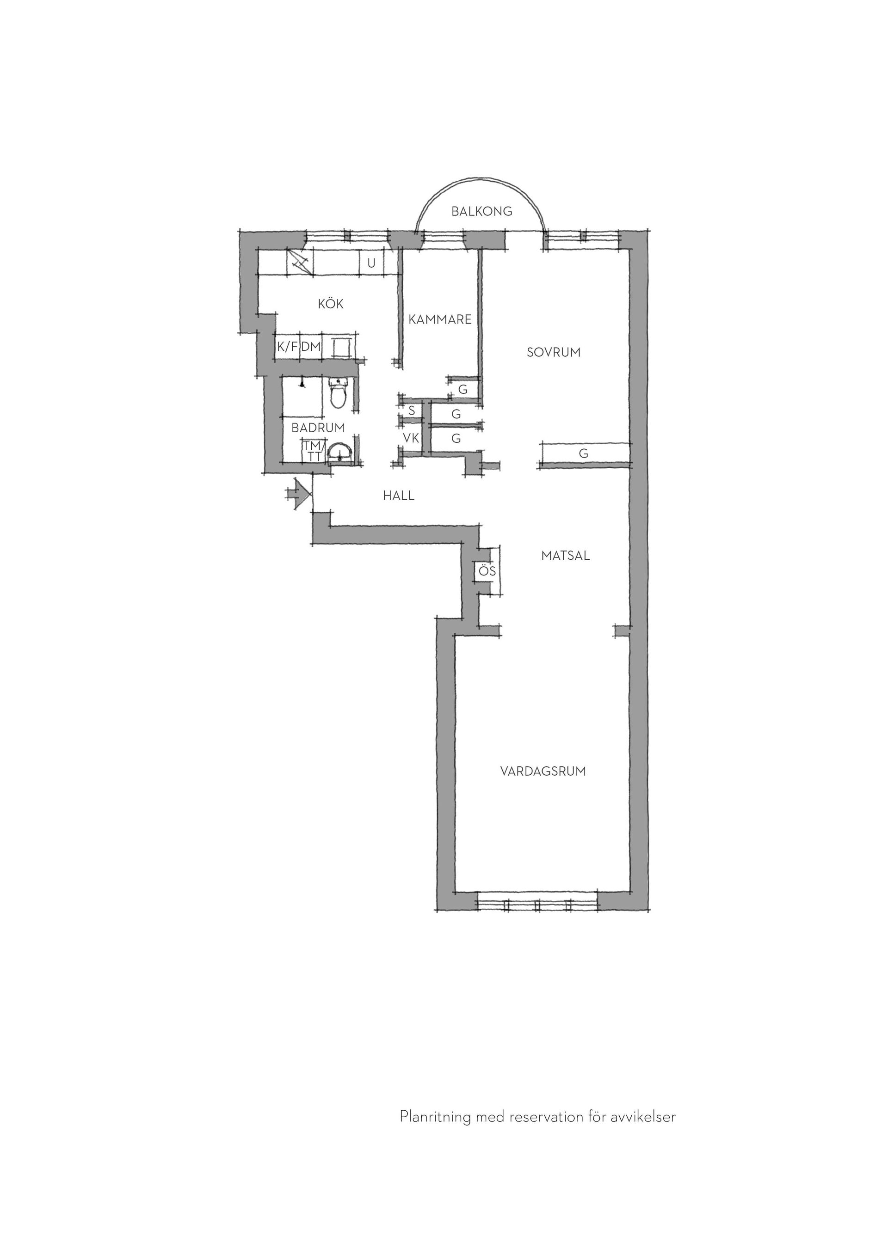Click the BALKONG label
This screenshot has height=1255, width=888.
coord(482,212)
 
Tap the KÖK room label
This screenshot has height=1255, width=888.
coord(331,303)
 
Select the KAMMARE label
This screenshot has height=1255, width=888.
coord(440,319)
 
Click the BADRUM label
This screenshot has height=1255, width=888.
coord(318,428)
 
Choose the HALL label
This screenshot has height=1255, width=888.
coord(399,496)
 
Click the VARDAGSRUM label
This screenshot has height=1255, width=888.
coord(543,771)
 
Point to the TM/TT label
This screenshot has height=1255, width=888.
coord(314,452)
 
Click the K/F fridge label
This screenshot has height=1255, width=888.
coord(287,347)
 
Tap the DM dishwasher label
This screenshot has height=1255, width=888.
coord(311,347)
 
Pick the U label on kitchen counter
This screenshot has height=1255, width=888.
coord(371,263)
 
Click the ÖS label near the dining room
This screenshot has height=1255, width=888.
coord(487,571)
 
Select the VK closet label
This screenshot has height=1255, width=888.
coord(411,438)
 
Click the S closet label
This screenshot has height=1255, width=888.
coord(412,410)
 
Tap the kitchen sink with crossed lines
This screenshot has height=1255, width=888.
coord(300,263)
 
